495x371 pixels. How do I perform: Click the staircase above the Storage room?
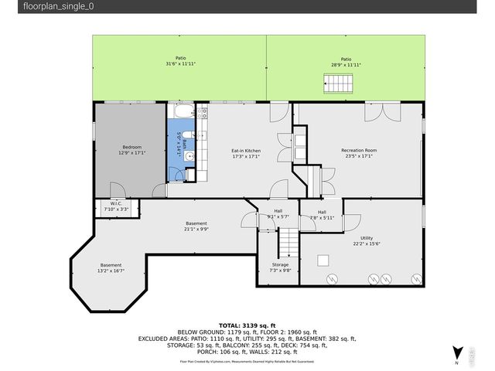(287, 246)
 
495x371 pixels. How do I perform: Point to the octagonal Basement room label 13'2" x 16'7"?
(111, 268)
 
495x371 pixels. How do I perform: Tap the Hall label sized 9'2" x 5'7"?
(278, 214)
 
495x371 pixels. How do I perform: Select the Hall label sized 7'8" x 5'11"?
(322, 214)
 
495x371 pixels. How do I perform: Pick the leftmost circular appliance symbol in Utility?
(332, 278)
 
